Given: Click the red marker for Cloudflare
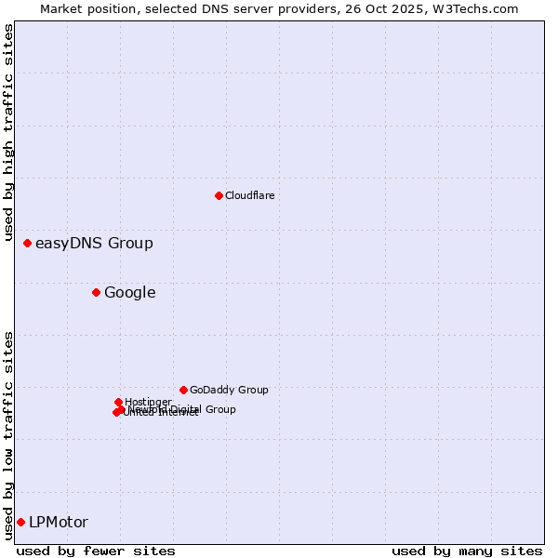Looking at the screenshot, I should [x=219, y=195].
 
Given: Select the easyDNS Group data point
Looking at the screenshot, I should [x=27, y=244].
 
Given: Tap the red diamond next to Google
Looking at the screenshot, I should [x=96, y=293].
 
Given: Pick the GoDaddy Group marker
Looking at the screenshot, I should [x=183, y=390].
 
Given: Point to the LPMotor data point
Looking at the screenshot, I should [x=20, y=522].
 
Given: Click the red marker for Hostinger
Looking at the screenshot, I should [x=118, y=402].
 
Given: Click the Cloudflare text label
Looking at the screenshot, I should [x=249, y=195].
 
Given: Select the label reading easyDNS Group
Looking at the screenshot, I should [x=94, y=244].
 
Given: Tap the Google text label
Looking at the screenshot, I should [x=129, y=293].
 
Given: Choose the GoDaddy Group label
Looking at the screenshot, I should [x=229, y=390].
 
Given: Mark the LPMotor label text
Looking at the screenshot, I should [x=59, y=522].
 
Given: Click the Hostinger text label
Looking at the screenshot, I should [x=148, y=402].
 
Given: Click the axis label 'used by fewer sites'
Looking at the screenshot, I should [x=96, y=551].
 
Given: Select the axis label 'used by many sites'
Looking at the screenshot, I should [x=467, y=551].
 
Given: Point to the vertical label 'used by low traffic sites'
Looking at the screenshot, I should [x=8, y=435].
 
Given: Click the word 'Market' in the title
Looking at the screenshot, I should [x=62, y=8].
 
